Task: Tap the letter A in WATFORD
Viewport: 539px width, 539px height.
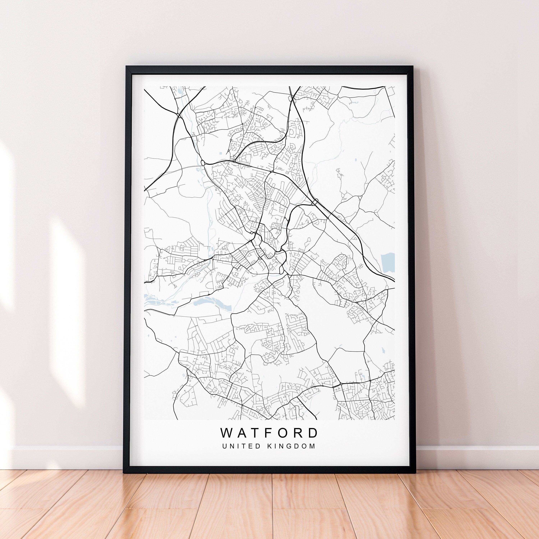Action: tap(243, 433)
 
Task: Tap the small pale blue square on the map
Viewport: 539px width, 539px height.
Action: tap(220, 153)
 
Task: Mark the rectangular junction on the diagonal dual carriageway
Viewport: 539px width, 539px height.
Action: tap(315, 202)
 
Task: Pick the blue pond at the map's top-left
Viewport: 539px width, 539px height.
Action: tap(179, 91)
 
